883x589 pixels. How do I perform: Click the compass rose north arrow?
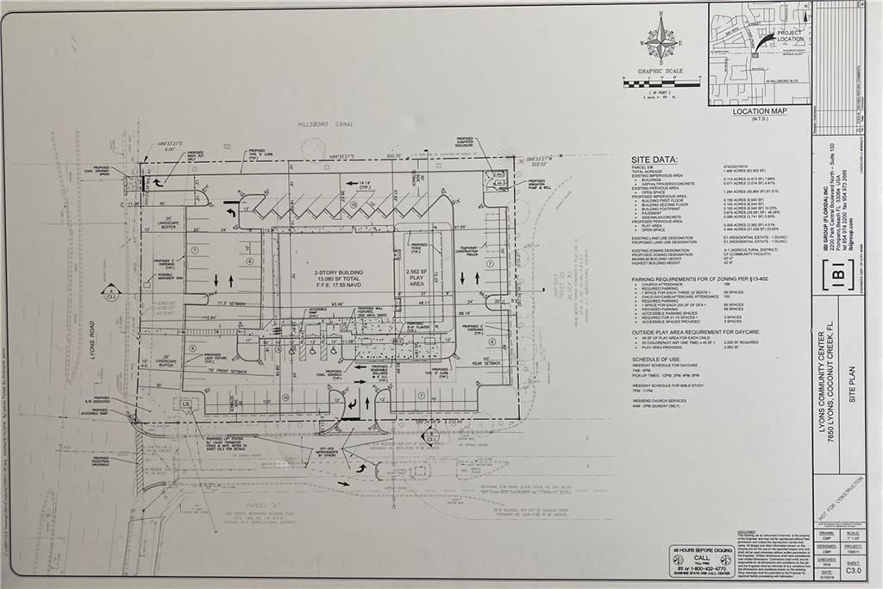tap(661, 41)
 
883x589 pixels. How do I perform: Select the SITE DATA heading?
tap(654, 160)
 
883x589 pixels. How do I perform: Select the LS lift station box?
tap(185, 403)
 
